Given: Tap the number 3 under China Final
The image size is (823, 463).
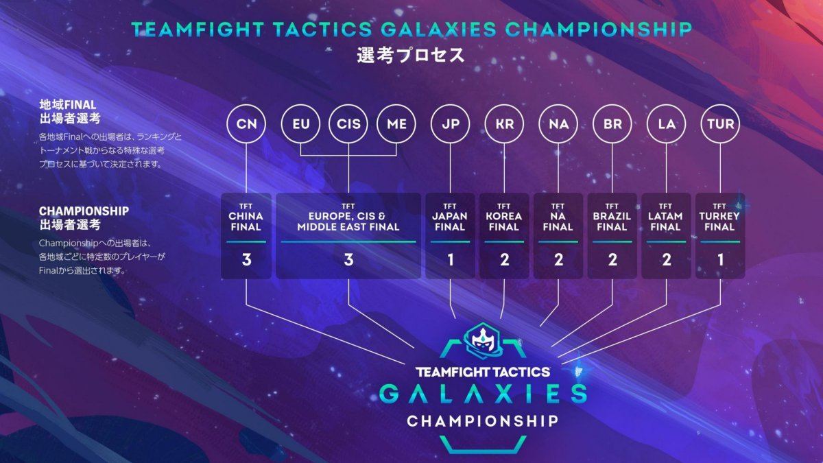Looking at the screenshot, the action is point(246,260).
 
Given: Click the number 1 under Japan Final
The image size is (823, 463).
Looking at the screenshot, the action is point(451,260).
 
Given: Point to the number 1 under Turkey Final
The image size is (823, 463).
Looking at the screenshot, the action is point(721,260).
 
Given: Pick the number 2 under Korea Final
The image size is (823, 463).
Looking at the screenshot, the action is point(505,260).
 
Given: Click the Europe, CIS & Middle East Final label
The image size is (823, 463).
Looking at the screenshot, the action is point(348,221).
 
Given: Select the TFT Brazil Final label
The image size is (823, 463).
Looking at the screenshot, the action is point(612,217).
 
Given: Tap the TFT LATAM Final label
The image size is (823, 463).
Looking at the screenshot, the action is point(665,217).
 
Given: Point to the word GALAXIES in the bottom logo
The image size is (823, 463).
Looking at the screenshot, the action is point(483,394).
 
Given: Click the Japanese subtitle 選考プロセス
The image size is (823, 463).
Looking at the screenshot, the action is point(411,56).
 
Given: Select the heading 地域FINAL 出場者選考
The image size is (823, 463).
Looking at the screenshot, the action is point(70,112).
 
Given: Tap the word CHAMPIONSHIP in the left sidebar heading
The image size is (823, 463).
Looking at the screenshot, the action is point(84,211).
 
